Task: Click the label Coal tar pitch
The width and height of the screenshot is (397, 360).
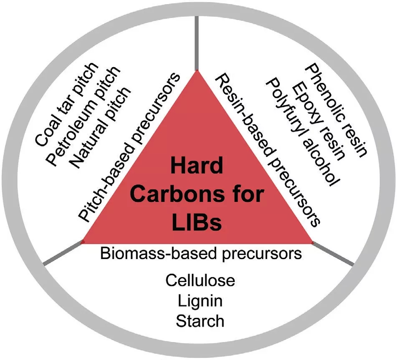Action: tap(67, 104)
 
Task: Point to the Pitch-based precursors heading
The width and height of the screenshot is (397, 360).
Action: tap(129, 146)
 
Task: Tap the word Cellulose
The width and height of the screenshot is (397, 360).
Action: tap(200, 280)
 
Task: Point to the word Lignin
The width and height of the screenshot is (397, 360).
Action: tap(200, 301)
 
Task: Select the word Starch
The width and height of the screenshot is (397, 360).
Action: tap(200, 321)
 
